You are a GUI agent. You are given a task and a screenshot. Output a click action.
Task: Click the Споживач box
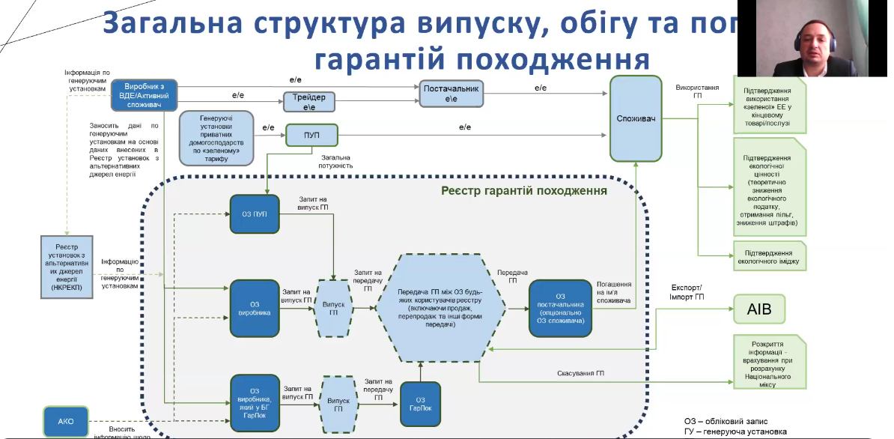tap(636, 118)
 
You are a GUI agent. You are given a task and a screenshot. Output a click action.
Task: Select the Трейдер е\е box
tap(308, 102)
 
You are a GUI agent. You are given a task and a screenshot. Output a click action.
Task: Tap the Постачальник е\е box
tap(451, 94)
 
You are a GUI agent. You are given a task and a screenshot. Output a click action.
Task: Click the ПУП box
tap(311, 136)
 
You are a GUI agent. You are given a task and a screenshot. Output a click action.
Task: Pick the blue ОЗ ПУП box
tap(254, 214)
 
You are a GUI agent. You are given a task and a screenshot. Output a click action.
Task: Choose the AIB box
tap(759, 308)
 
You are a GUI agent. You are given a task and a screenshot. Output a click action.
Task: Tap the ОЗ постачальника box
tap(560, 308)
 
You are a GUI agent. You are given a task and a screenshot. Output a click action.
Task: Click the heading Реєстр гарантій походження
tap(523, 190)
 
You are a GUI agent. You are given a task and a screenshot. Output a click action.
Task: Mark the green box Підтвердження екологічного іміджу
tap(770, 255)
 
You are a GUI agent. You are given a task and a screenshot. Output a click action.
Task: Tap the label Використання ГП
tap(696, 92)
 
